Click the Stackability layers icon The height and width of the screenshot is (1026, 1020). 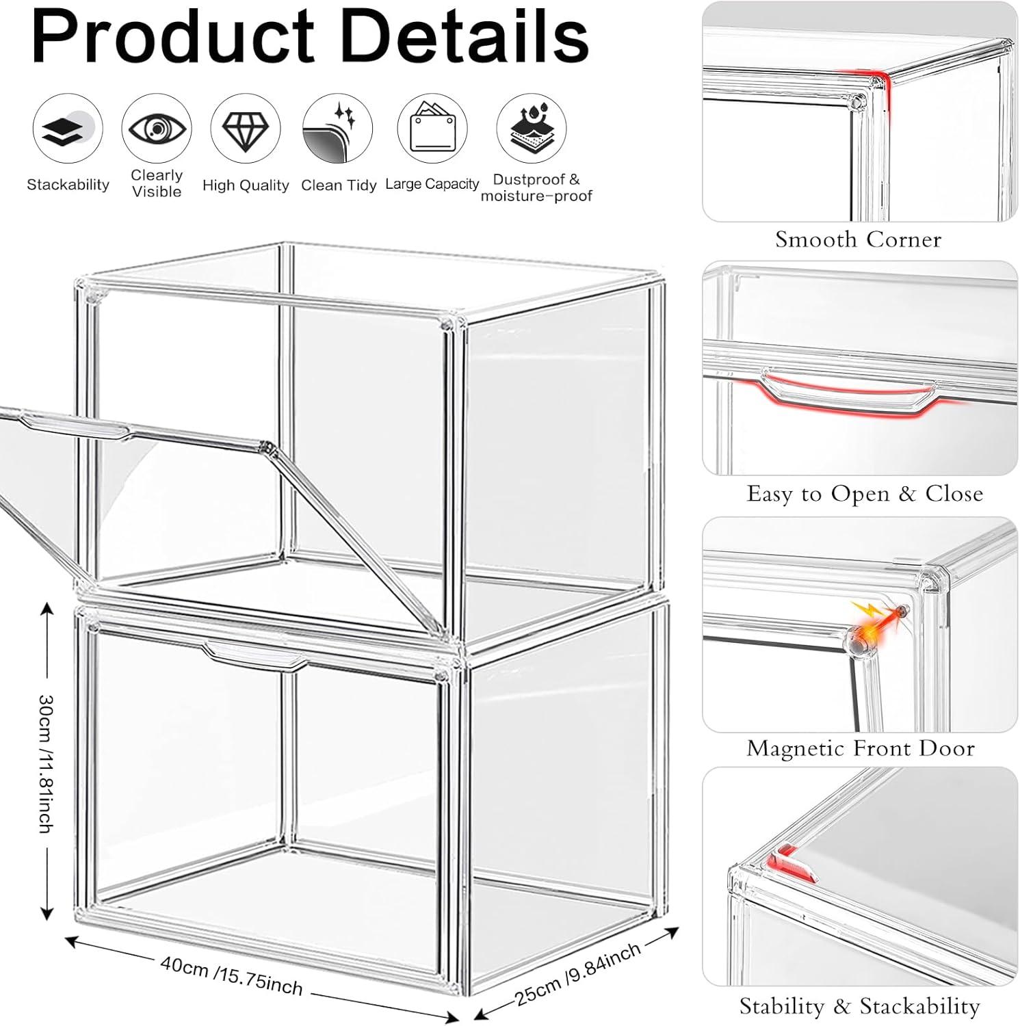coord(68,129)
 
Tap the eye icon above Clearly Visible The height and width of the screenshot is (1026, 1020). coord(157,128)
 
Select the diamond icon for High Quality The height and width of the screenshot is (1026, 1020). coord(246,128)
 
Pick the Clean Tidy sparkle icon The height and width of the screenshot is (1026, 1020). coord(338,129)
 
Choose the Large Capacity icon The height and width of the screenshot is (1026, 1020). coord(432,129)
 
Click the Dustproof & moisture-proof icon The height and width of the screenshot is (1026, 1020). coord(532,128)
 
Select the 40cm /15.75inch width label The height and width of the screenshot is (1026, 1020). coord(231,975)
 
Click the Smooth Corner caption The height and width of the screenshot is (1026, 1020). coord(859,239)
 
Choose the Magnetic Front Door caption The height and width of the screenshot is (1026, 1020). coord(861,748)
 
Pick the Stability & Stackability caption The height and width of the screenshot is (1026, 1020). coord(860,1006)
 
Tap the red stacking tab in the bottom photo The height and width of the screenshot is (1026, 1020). coord(791,866)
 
